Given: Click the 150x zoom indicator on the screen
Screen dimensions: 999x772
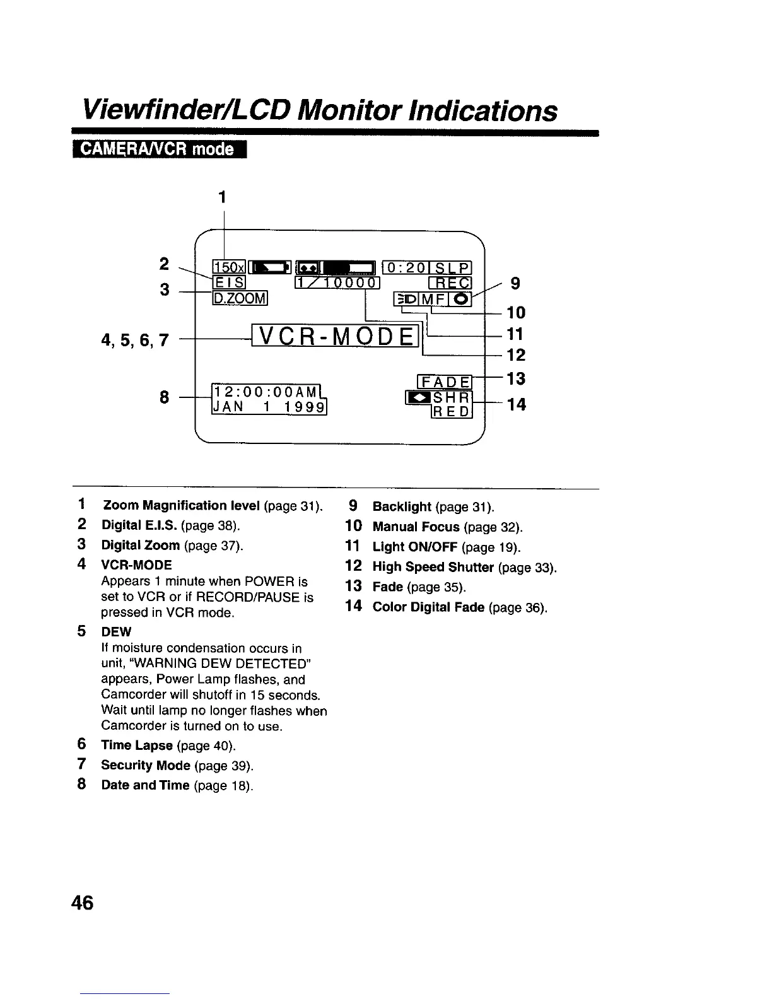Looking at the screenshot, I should coord(225,267).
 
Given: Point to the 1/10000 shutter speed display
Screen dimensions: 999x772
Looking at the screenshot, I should coord(337,282).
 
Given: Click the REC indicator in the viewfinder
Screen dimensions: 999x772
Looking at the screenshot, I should coord(451,283).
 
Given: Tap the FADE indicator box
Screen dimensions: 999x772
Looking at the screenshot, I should coord(445,382).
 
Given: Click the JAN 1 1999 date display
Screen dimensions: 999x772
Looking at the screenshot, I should coord(269,408).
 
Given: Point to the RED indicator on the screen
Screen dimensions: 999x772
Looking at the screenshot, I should coord(452,412).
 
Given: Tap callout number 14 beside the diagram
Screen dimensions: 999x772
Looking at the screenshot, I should coord(516,404).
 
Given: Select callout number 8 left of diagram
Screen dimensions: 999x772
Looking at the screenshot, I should coord(165,397).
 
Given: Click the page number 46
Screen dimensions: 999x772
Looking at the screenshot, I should coord(82,903).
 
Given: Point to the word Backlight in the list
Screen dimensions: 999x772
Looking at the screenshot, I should coord(402,506).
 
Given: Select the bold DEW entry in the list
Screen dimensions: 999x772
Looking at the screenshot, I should coord(116,632).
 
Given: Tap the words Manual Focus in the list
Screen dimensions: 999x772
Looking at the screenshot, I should coord(416,527).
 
